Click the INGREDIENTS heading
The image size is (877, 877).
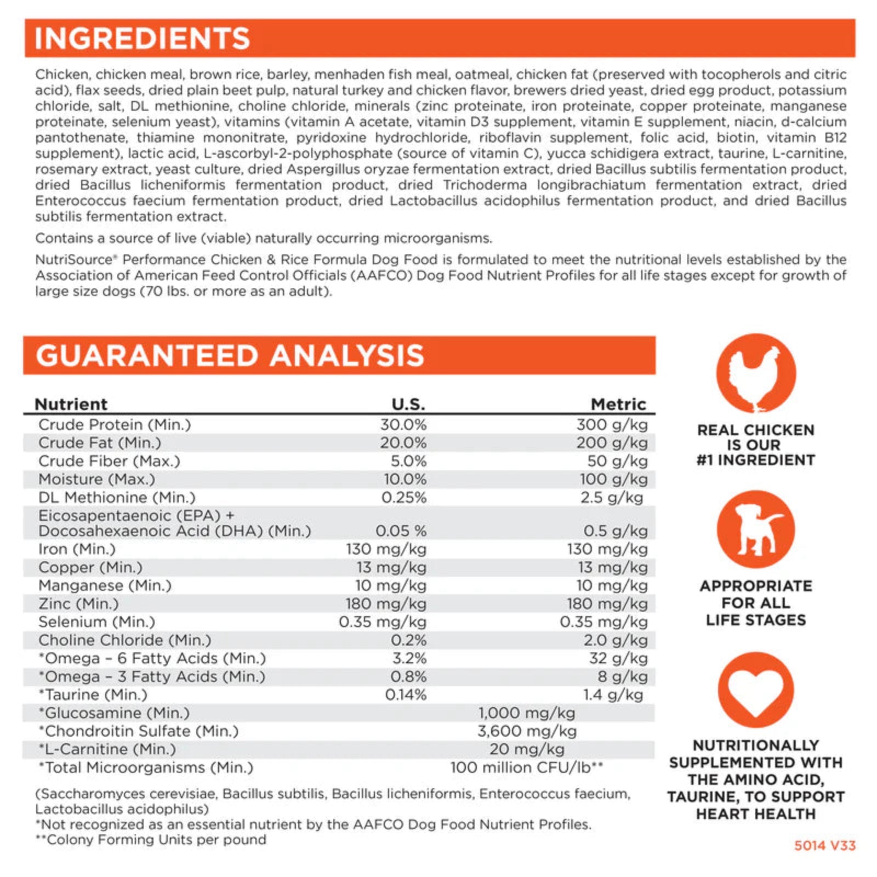click(143, 38)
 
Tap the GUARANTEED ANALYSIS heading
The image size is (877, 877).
click(230, 355)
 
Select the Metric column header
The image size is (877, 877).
click(618, 404)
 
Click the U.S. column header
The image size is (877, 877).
click(408, 404)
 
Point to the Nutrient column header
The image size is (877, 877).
click(71, 404)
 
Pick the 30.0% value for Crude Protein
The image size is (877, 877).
click(403, 424)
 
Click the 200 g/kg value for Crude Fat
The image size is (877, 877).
click(612, 442)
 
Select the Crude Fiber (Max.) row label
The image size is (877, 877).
click(109, 461)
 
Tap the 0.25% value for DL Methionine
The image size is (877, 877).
click(404, 497)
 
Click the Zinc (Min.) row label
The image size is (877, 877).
click(78, 603)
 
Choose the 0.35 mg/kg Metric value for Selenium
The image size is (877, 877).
click(603, 622)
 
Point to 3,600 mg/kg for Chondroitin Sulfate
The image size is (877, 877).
click(527, 731)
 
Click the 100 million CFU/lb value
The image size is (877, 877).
click(526, 767)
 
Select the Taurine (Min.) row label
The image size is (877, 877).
click(93, 694)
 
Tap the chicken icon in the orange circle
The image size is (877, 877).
click(756, 373)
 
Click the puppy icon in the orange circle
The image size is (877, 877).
click(756, 529)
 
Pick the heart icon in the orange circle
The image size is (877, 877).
click(756, 690)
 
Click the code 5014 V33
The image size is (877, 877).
click(825, 845)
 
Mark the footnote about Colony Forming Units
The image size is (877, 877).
click(151, 840)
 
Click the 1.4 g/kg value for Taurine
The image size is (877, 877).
click(613, 694)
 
